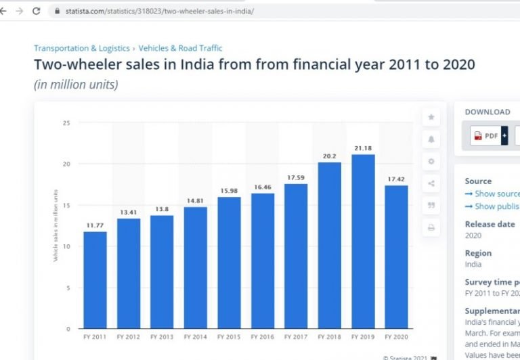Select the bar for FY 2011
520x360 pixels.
[95, 280]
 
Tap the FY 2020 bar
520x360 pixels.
[396, 257]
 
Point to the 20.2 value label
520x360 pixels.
[330, 156]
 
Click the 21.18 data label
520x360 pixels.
[363, 148]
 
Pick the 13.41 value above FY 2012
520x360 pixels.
[129, 212]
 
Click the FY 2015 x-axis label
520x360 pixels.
[229, 336]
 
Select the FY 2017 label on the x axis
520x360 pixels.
[296, 336]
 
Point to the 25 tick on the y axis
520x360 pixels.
[66, 123]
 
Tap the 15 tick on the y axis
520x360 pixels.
[66, 205]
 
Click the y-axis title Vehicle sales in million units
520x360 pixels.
[56, 225]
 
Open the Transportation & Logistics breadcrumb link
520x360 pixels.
[81, 48]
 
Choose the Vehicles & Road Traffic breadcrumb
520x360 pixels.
[180, 48]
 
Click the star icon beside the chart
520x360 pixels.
[431, 117]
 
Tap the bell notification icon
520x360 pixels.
[431, 139]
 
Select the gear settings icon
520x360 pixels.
[431, 161]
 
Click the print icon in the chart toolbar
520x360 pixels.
[431, 228]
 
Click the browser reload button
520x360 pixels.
[36, 11]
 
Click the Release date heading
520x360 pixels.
[490, 224]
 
